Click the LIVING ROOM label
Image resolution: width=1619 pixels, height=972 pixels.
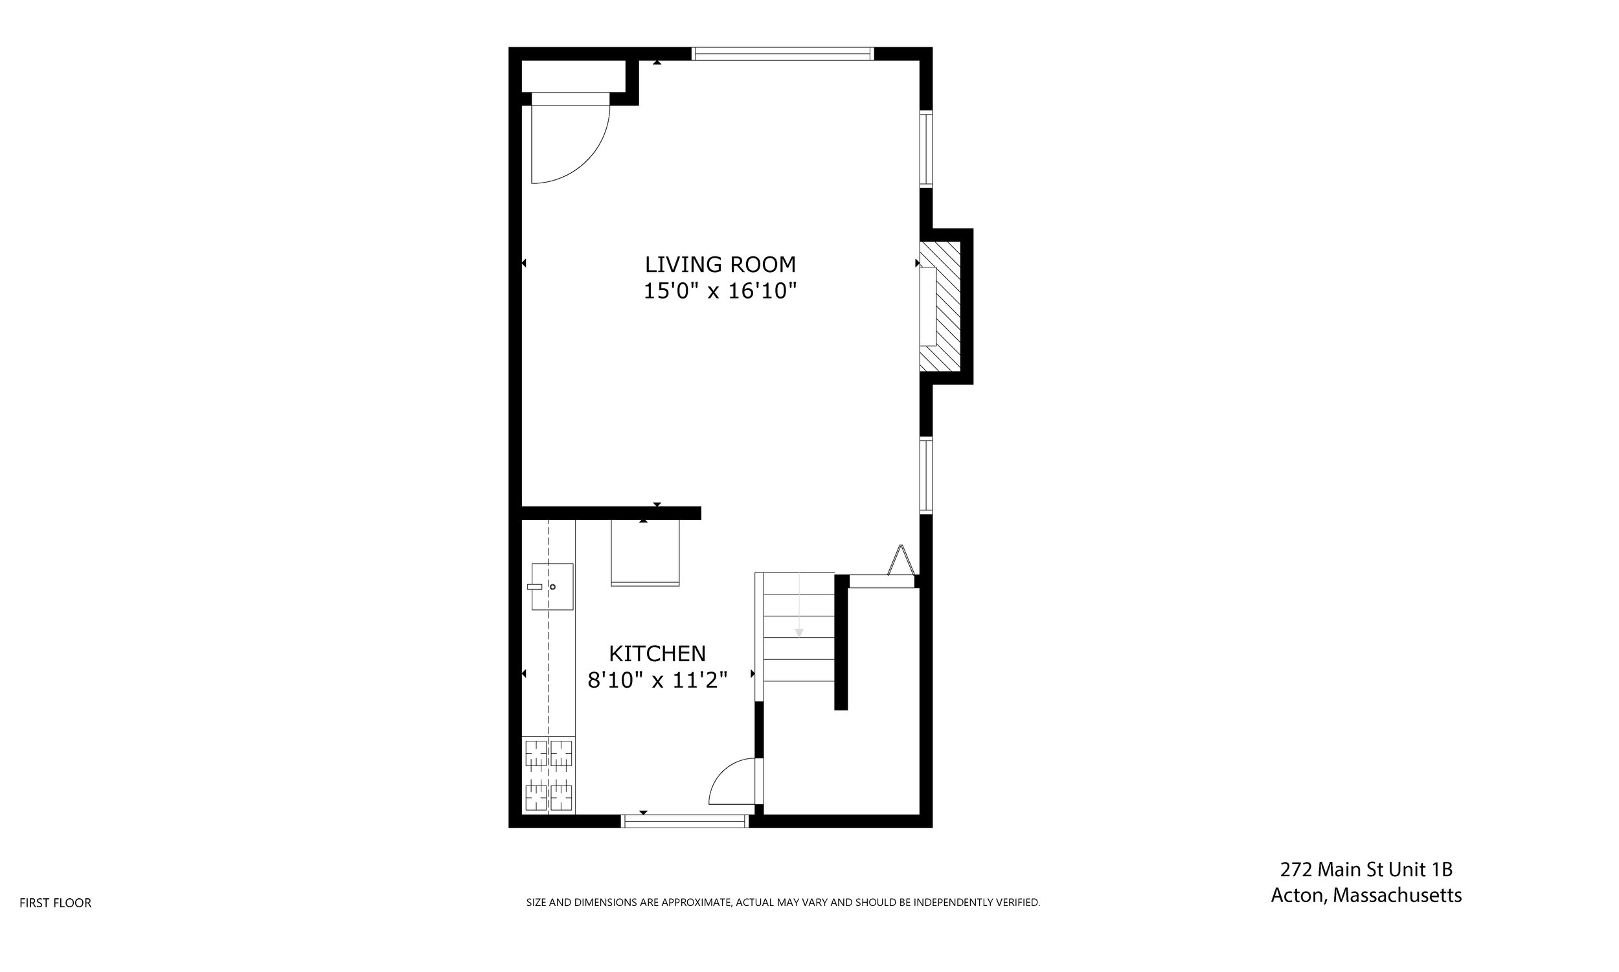point(719,265)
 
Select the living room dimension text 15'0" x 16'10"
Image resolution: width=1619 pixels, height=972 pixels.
point(719,291)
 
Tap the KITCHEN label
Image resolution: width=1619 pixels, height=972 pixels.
point(657,653)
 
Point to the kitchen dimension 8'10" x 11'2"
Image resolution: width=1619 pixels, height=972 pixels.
point(657,681)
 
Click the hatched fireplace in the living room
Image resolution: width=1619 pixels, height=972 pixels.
point(941,306)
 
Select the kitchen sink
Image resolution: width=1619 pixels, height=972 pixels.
point(552,586)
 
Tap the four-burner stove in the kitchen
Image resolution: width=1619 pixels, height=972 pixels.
point(548,775)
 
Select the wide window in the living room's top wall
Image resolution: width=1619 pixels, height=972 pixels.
point(783,54)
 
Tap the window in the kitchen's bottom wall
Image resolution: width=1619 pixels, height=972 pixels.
point(685,820)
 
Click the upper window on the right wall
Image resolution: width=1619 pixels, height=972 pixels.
point(925,150)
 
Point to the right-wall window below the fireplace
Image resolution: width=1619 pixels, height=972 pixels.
point(925,475)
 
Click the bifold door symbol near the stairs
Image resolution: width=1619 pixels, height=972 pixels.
point(901,562)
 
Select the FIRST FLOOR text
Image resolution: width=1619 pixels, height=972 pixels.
point(56,903)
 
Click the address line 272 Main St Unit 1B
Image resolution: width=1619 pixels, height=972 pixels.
point(1366,869)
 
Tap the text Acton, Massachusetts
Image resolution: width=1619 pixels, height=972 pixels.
point(1366,896)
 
